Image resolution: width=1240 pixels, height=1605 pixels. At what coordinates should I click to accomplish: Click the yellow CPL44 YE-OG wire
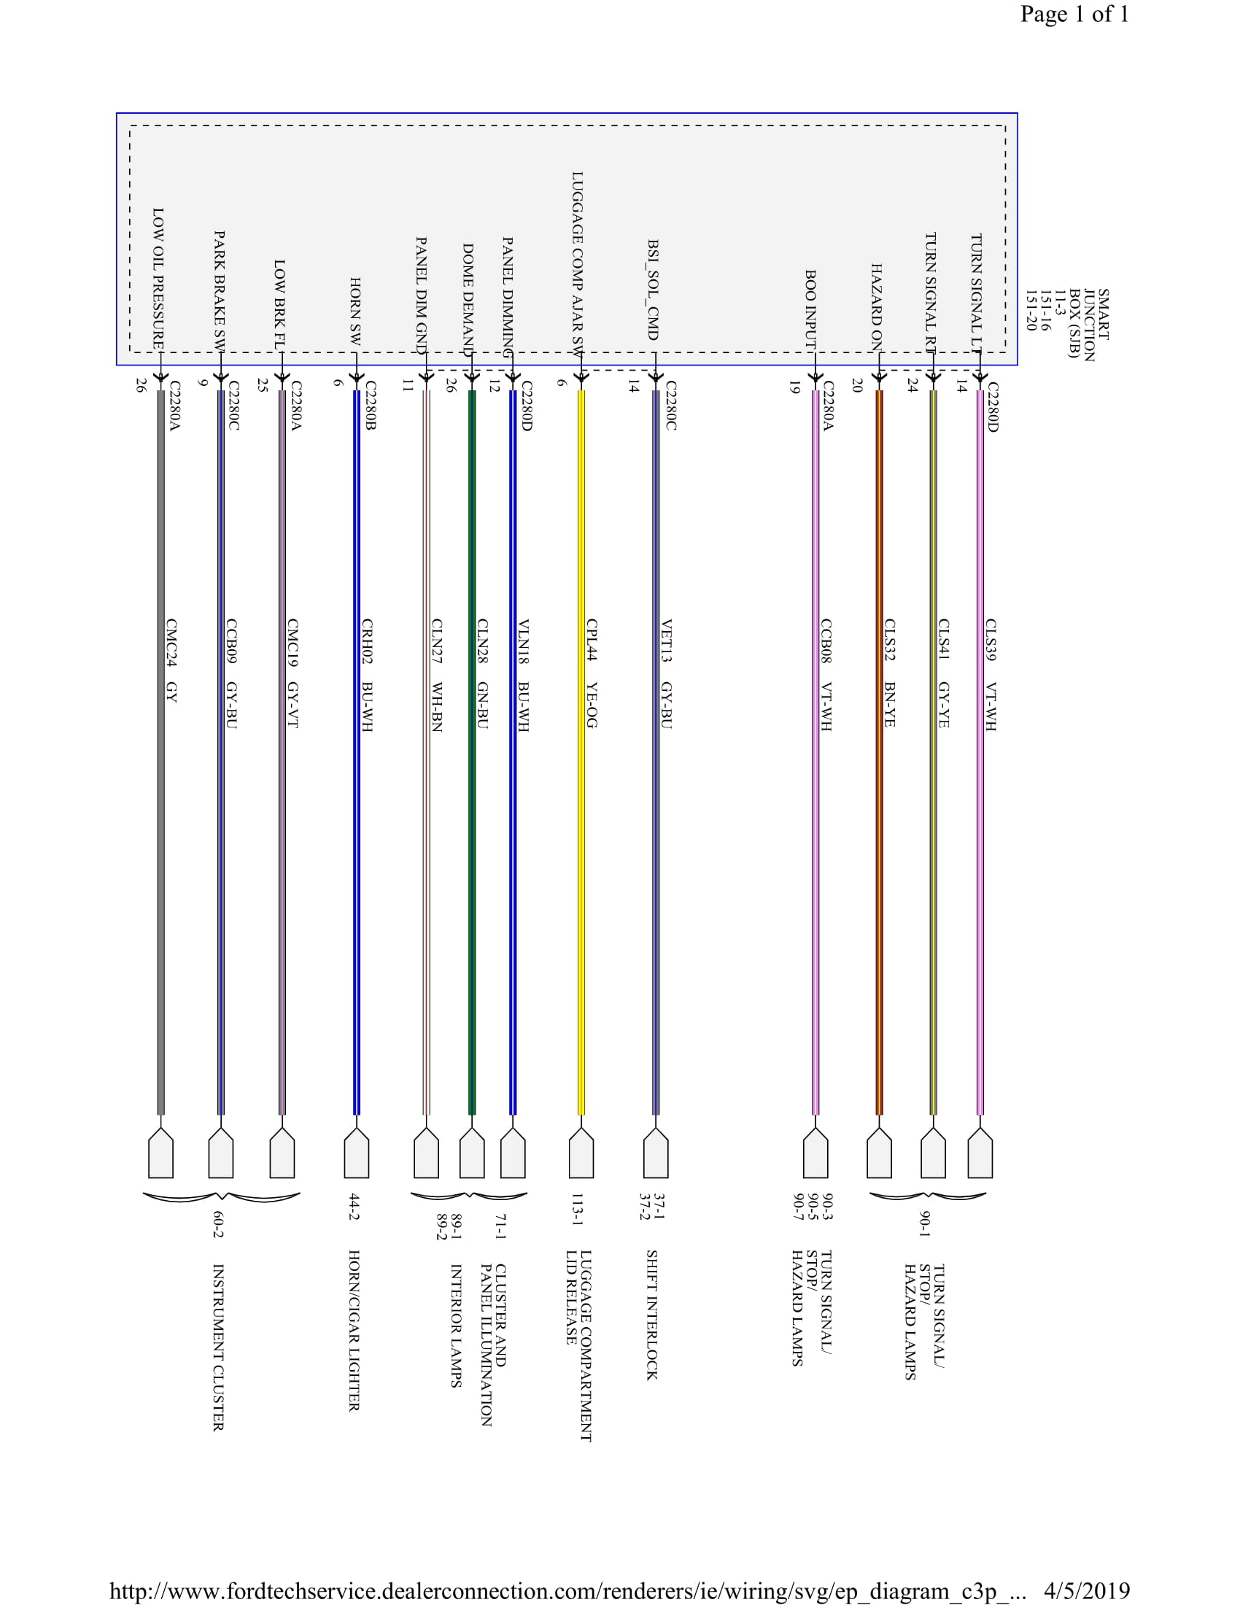click(581, 882)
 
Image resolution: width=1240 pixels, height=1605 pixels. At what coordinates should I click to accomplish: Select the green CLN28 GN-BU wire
click(473, 882)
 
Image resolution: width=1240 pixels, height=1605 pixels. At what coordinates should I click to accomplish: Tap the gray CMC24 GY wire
click(161, 882)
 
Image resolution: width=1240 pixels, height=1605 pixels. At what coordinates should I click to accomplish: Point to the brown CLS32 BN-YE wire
click(880, 882)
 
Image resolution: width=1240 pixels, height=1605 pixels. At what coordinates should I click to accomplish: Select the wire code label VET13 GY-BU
click(666, 674)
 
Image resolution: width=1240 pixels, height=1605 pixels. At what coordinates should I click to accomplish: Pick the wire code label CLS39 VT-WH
click(991, 675)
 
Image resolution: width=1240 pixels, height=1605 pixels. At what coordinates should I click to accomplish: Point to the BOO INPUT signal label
click(810, 309)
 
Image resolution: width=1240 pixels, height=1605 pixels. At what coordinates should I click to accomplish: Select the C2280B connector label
click(371, 405)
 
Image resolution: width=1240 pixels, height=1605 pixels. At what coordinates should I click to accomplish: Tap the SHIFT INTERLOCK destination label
click(651, 1315)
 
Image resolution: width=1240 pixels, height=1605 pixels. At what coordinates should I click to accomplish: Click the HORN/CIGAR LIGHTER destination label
click(353, 1330)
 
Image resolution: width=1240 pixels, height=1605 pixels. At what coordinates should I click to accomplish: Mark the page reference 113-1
click(578, 1210)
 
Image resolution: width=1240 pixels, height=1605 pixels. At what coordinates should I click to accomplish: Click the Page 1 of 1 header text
click(1074, 14)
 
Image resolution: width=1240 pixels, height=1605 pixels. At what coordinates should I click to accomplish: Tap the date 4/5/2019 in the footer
click(1087, 1590)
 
